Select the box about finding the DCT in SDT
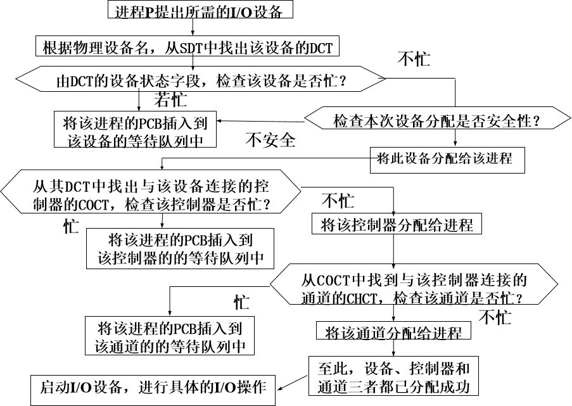coord(187,48)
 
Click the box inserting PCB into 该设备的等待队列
coord(135,130)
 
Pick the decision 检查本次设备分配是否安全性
coord(437,120)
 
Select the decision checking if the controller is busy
coord(151,196)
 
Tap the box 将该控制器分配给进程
coord(397,224)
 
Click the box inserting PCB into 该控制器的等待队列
coord(181,249)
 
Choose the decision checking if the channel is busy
coord(414,288)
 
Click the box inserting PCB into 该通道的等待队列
coord(170,337)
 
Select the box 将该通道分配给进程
coord(393,333)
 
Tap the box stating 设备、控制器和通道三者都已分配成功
coord(393,377)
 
